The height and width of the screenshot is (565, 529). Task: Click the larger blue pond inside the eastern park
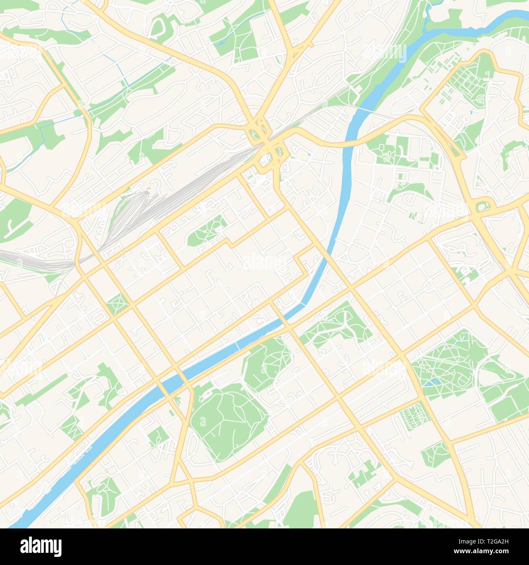pyautogui.click(x=432, y=382)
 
